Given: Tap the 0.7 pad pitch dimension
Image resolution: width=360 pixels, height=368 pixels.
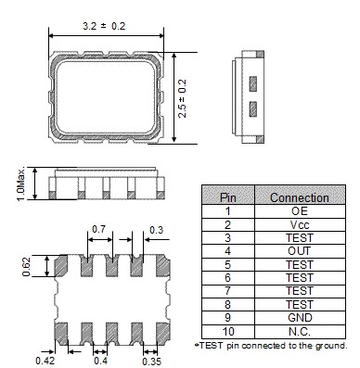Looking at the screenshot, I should [x=99, y=228].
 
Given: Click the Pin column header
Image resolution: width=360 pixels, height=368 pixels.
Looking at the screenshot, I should [x=226, y=197].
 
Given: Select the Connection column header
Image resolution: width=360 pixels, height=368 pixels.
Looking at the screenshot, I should [x=299, y=197].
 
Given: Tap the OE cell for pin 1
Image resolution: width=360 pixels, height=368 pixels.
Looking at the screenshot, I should [x=299, y=210].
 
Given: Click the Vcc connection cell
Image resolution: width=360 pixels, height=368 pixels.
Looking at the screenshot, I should [x=299, y=223].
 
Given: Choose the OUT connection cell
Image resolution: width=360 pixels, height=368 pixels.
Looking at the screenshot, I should [x=299, y=249].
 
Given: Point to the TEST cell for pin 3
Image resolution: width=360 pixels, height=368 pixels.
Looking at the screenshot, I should [x=299, y=236].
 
